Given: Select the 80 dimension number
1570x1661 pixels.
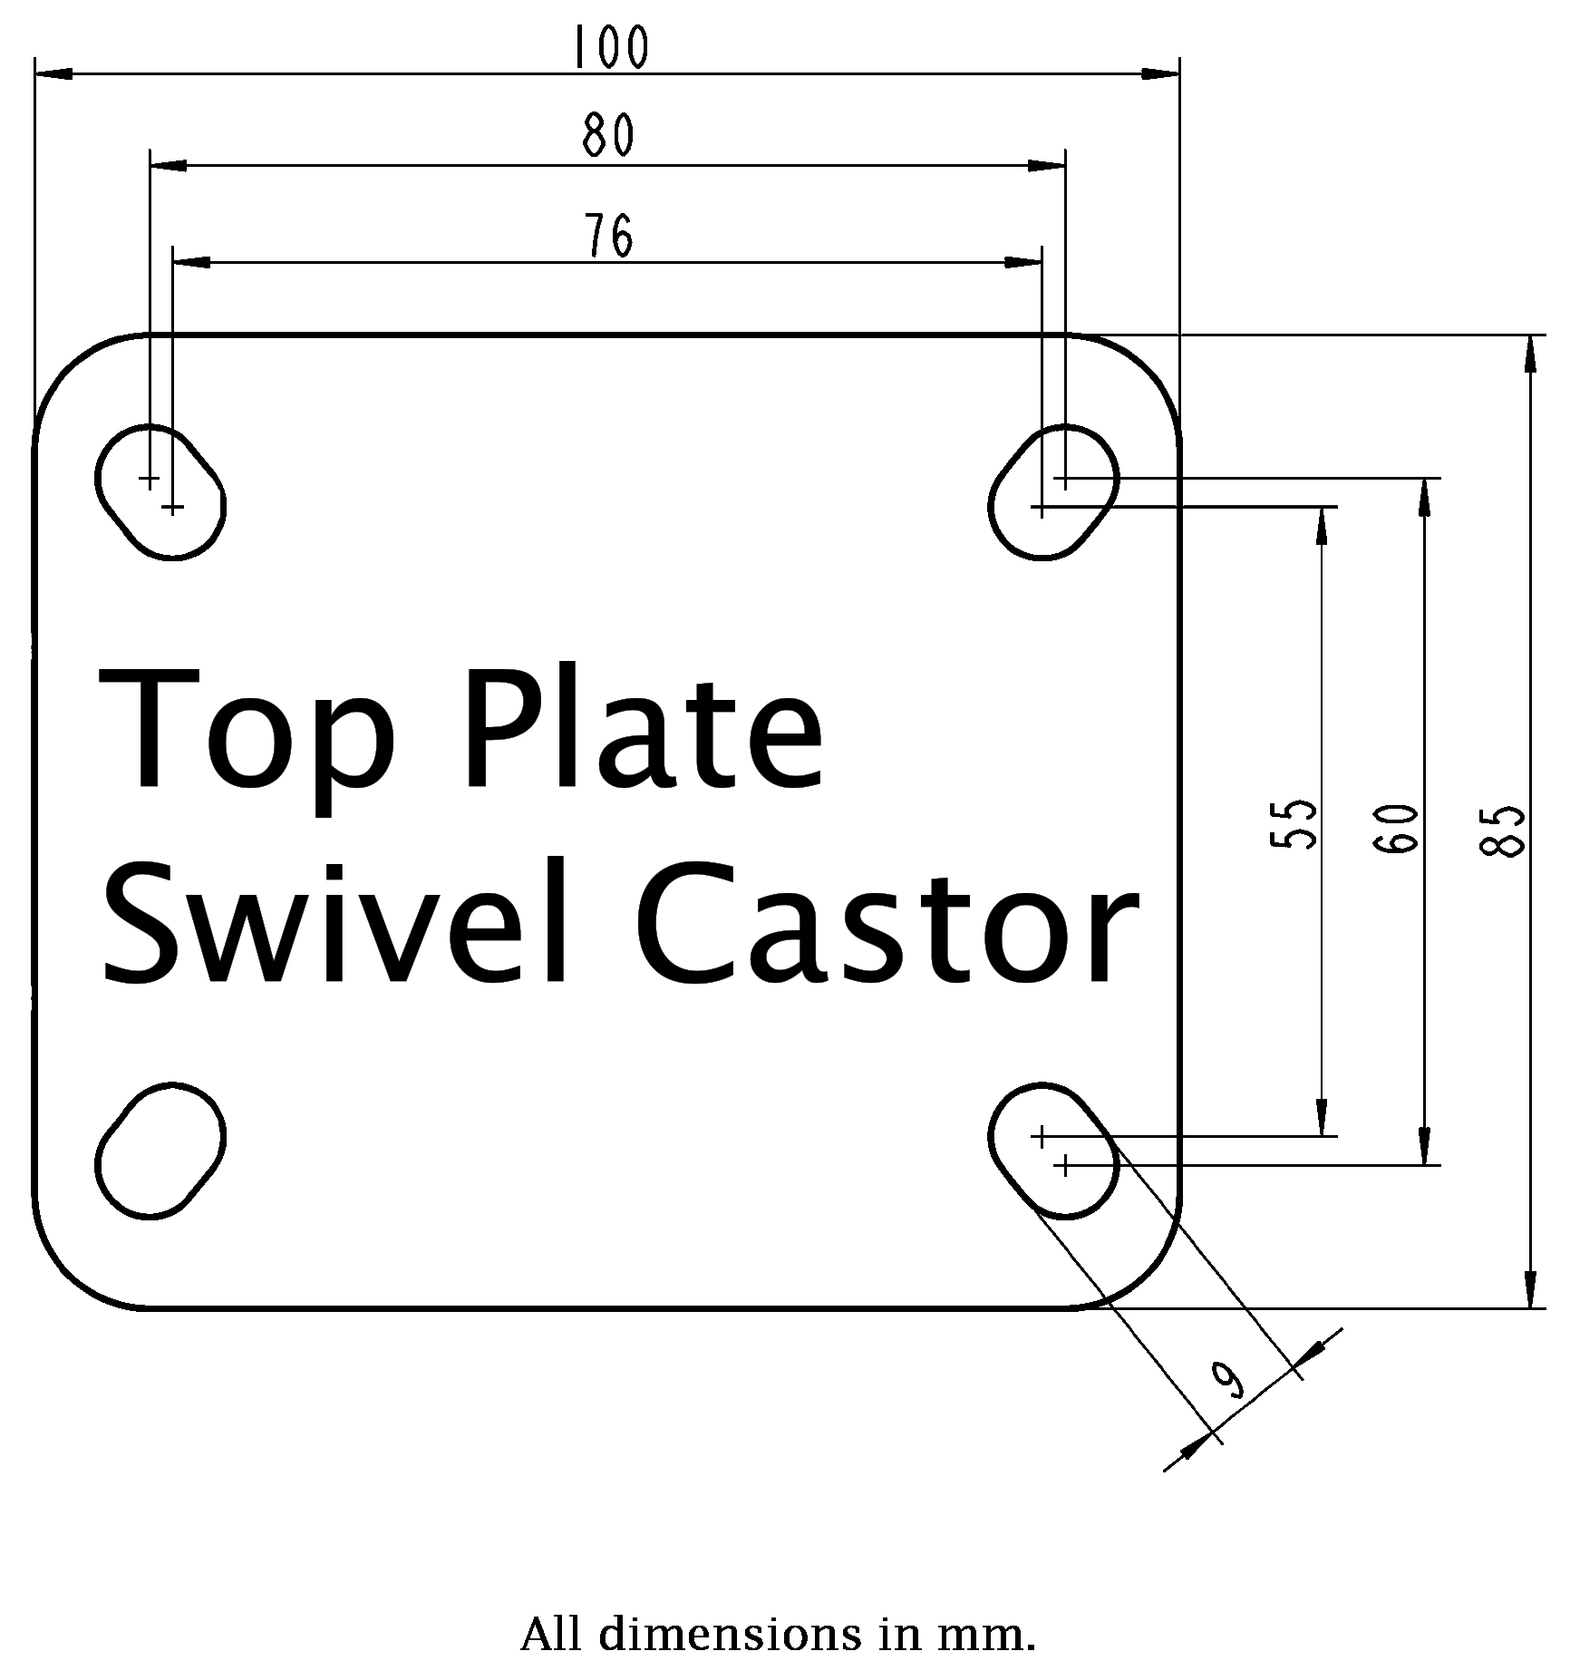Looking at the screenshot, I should tap(608, 137).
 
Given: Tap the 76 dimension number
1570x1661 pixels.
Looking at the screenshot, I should tap(608, 236).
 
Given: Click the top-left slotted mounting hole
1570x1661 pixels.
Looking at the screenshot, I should tap(160, 491).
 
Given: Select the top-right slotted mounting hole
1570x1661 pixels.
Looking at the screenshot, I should tap(1053, 491).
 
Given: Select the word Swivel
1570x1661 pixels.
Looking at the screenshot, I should tap(336, 920).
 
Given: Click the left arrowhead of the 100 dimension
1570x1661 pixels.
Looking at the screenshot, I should tap(53, 72).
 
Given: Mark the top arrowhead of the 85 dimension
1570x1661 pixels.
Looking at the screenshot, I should tap(1530, 354).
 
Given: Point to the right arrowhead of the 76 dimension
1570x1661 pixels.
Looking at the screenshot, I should tap(1024, 263).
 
